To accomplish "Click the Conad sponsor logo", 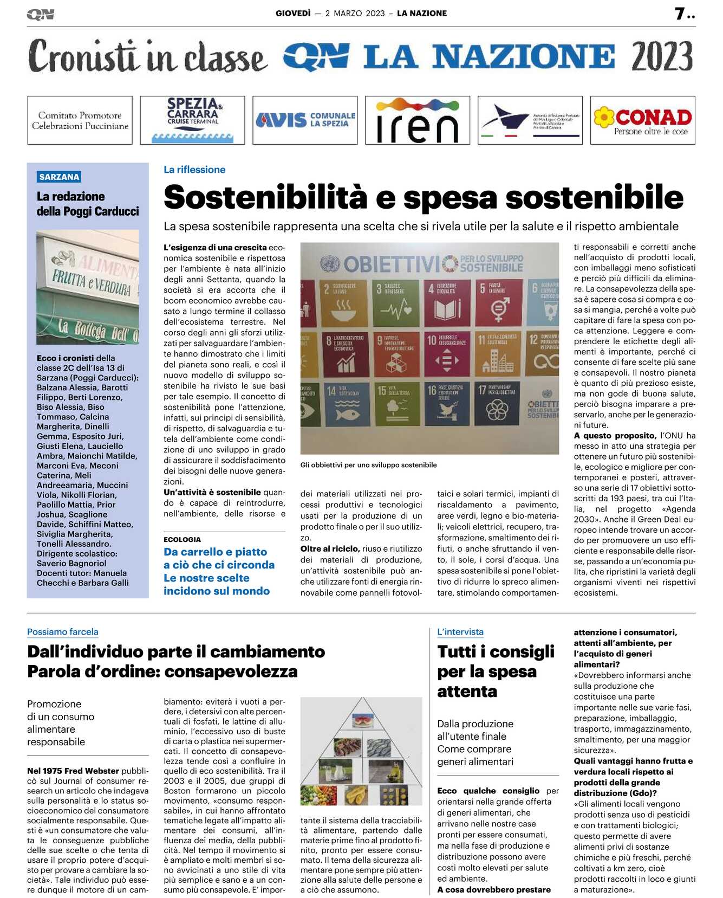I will point(642,120).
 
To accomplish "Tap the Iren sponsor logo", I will point(417,120).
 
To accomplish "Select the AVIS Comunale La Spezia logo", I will point(305,120).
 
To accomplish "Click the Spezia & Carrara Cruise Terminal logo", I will point(192,120).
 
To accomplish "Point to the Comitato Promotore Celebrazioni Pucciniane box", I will point(80,120).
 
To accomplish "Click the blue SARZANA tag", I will point(59,177).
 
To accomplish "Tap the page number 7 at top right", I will point(680,14).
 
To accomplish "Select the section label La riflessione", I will point(194,170).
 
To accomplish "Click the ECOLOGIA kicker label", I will point(182,539).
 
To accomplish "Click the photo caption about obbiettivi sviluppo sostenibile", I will point(368,465).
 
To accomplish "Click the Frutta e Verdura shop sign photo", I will point(88,287).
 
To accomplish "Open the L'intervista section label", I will point(460,632).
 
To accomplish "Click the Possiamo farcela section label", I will point(63,632).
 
